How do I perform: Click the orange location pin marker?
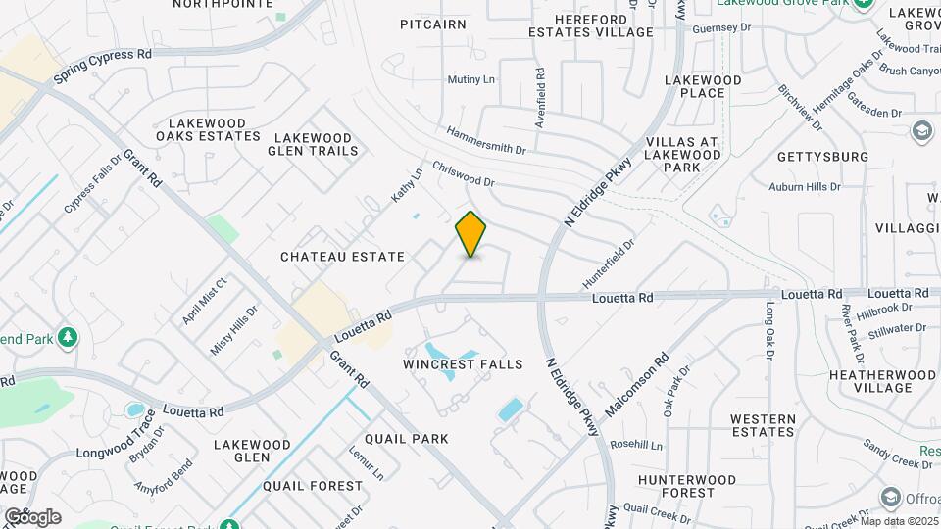click(x=471, y=234)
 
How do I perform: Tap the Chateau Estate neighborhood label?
click(x=342, y=257)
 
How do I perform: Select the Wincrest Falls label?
click(x=463, y=364)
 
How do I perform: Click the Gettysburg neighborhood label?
click(x=822, y=157)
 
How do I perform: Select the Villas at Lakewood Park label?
click(x=683, y=155)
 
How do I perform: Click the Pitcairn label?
click(x=433, y=24)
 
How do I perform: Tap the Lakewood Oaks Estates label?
click(x=214, y=130)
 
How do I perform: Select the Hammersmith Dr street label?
click(x=487, y=139)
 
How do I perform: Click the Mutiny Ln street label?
click(x=471, y=79)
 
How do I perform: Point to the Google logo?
click(x=31, y=517)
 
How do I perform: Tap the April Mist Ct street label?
click(x=204, y=301)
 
